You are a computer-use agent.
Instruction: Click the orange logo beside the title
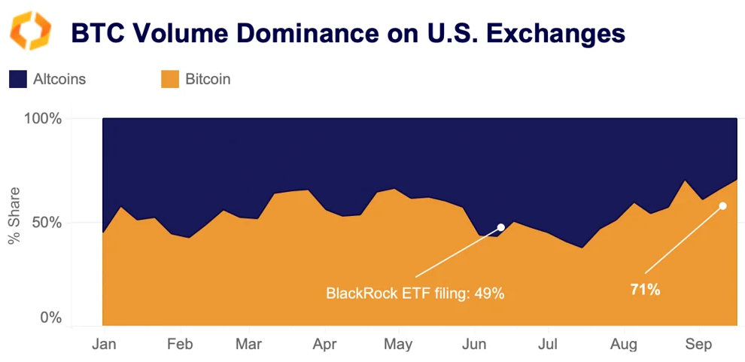[x=30, y=31]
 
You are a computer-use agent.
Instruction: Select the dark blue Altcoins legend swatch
[x=18, y=79]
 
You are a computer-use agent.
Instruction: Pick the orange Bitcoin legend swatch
[x=171, y=79]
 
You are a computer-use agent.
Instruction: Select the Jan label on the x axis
[x=104, y=345]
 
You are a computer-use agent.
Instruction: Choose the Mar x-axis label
[x=248, y=345]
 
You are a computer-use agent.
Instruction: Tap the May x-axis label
[x=398, y=345]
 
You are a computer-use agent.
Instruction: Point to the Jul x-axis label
[x=549, y=345]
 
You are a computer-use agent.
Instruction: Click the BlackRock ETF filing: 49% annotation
[x=415, y=293]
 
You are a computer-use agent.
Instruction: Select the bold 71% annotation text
[x=645, y=290]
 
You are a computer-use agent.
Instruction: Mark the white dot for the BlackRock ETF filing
[x=501, y=227]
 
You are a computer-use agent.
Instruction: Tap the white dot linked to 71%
[x=722, y=205]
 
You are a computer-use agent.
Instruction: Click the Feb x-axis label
[x=180, y=345]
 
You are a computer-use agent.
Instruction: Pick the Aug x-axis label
[x=624, y=345]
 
